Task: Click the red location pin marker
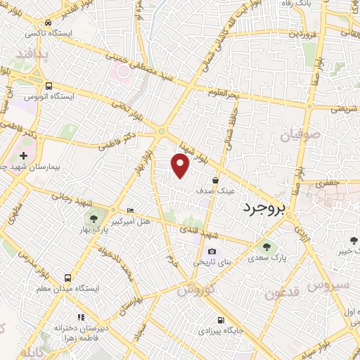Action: point(181,166)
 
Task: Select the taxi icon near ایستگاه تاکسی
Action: point(47,22)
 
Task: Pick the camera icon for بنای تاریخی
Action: point(212,252)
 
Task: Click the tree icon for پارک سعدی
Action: point(266,247)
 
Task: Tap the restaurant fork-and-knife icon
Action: point(81,317)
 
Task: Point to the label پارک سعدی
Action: point(267,258)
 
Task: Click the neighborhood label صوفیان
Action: point(302,134)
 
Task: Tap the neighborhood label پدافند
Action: point(32,56)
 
